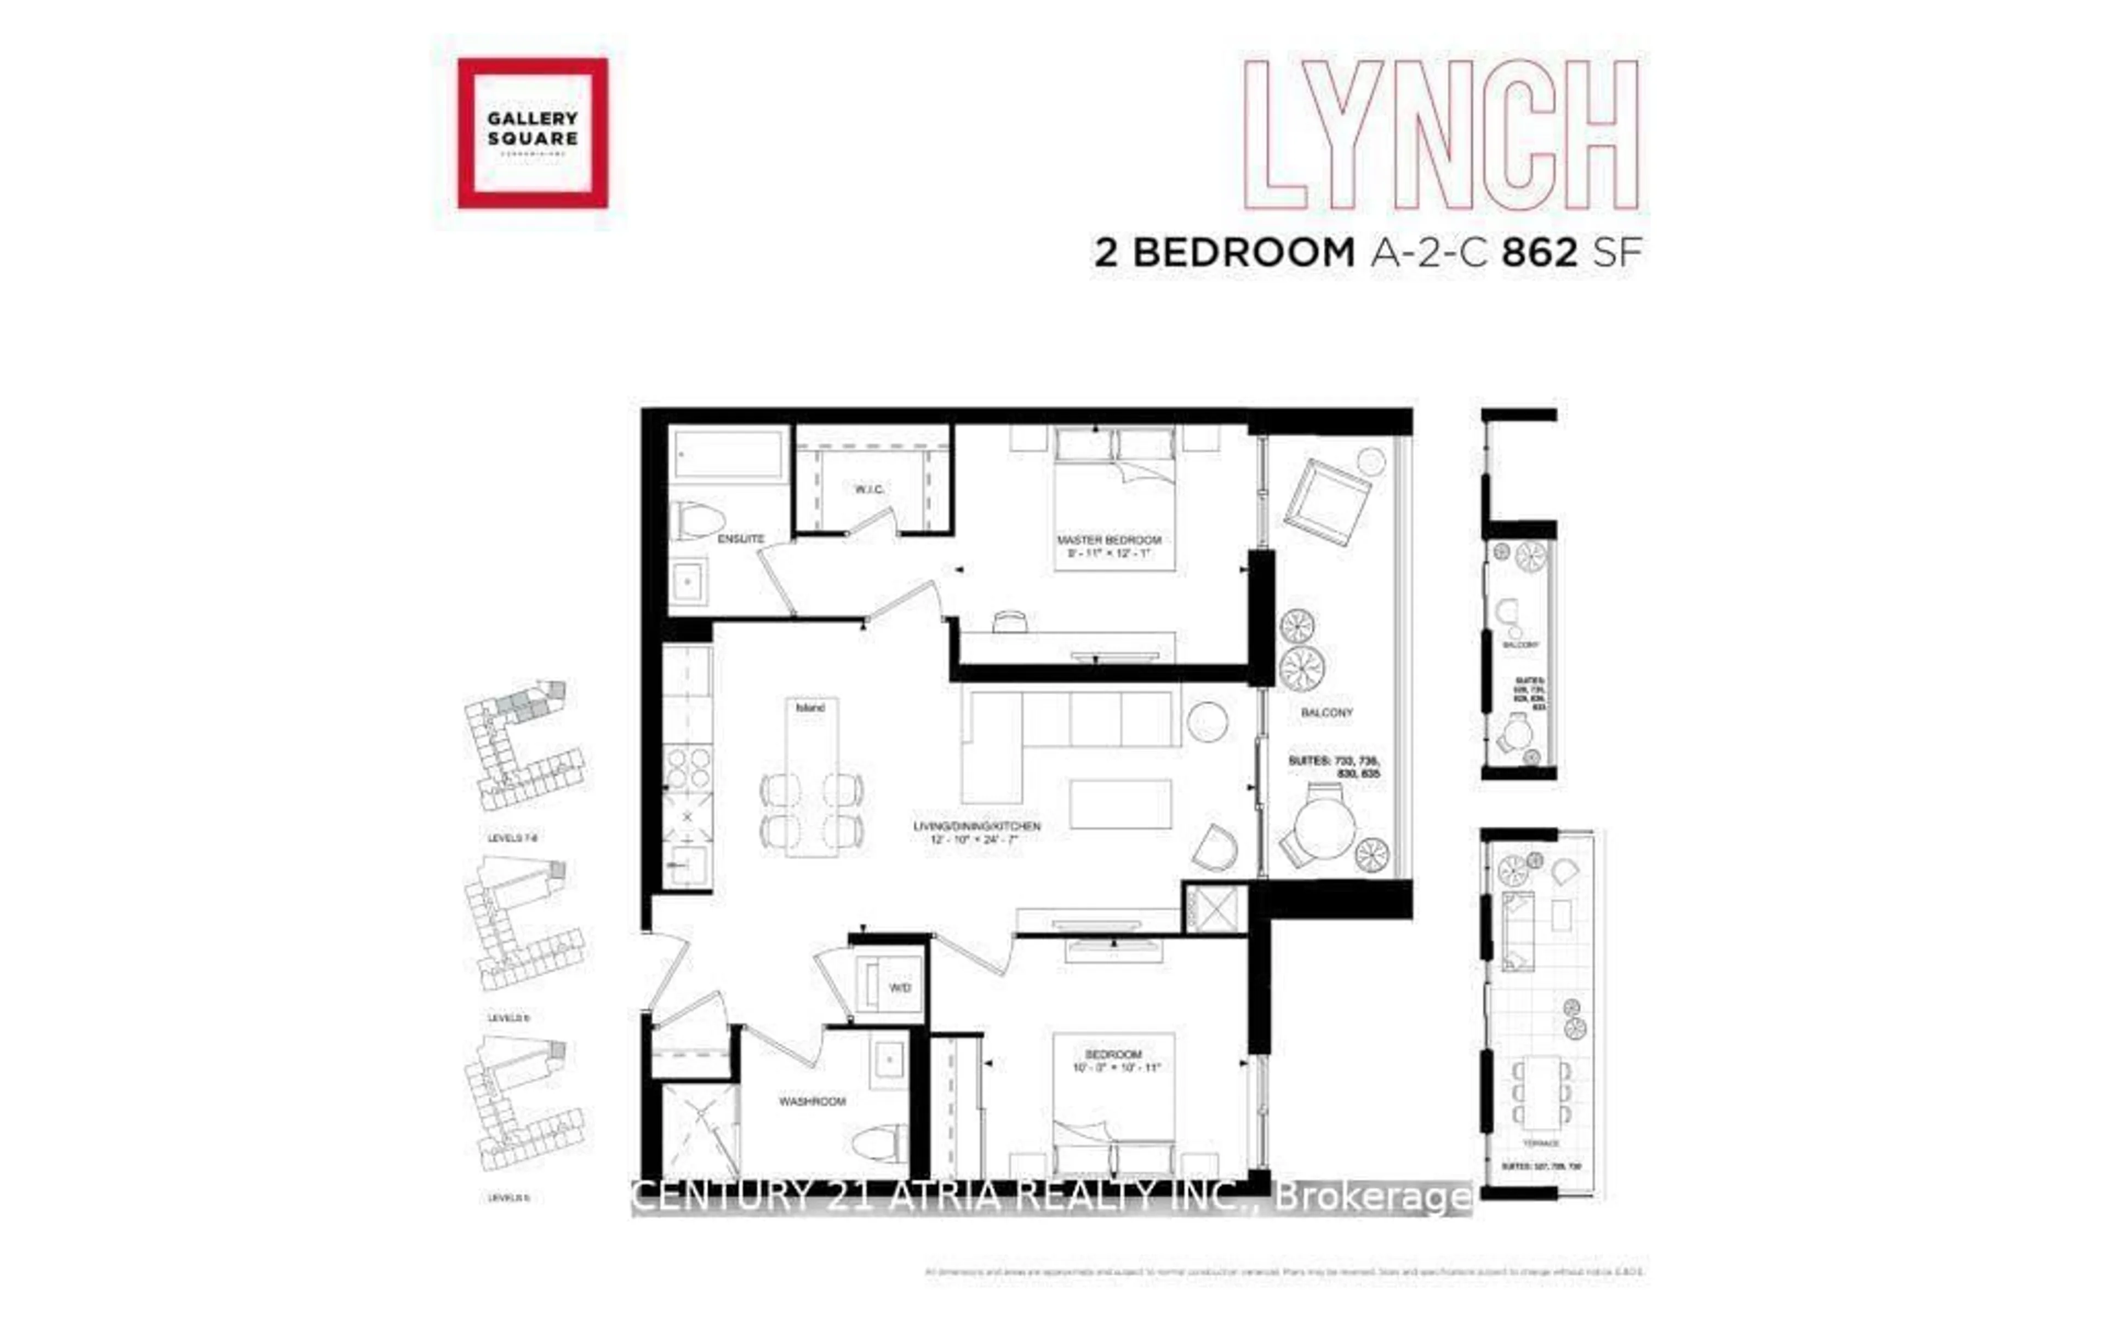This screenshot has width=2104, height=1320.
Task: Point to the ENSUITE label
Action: [740, 539]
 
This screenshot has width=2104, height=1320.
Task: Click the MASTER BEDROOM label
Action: [1109, 540]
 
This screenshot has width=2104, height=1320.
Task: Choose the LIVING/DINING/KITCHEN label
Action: [976, 826]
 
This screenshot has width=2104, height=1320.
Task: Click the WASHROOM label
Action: [812, 1102]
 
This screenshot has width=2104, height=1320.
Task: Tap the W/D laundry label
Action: [899, 987]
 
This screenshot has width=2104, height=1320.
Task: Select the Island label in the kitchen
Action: [809, 708]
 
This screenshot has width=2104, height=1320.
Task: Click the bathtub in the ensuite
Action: [729, 454]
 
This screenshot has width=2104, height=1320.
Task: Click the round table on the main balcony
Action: [1324, 826]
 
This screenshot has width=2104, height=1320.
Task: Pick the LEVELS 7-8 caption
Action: [512, 838]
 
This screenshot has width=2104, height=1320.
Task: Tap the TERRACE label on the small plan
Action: [1540, 1143]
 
